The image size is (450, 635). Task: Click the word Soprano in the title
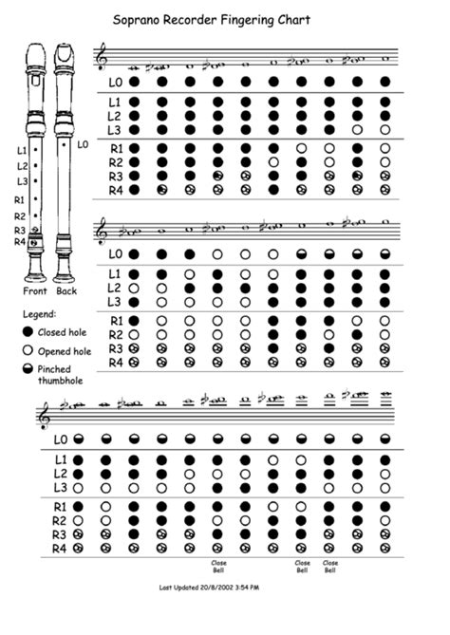point(139,19)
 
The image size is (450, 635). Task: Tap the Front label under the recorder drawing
point(35,291)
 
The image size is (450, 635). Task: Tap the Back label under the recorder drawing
point(67,291)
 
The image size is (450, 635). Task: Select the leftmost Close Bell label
point(219,567)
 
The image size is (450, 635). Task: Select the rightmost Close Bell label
point(329,567)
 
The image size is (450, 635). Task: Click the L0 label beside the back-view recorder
point(83,144)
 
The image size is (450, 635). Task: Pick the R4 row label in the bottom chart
point(59,548)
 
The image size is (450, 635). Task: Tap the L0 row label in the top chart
point(114,82)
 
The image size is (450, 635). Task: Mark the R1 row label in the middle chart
point(114,320)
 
